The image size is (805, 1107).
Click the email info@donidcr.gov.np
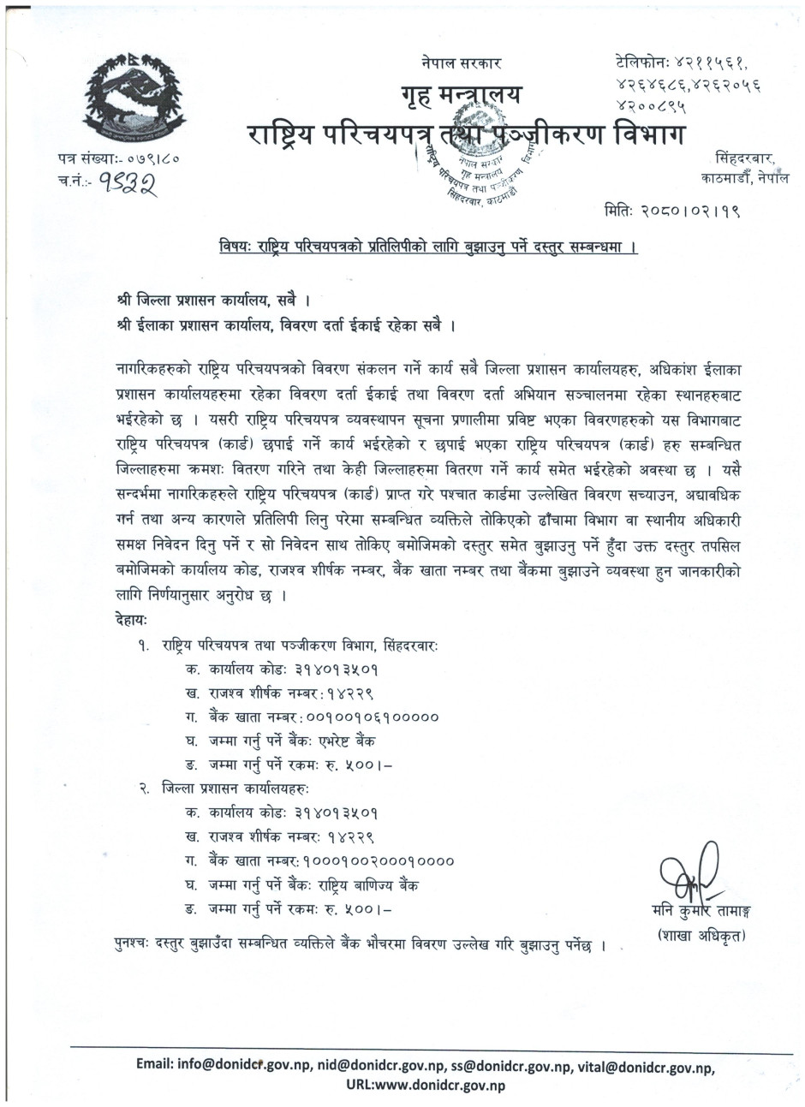(x=242, y=1066)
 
